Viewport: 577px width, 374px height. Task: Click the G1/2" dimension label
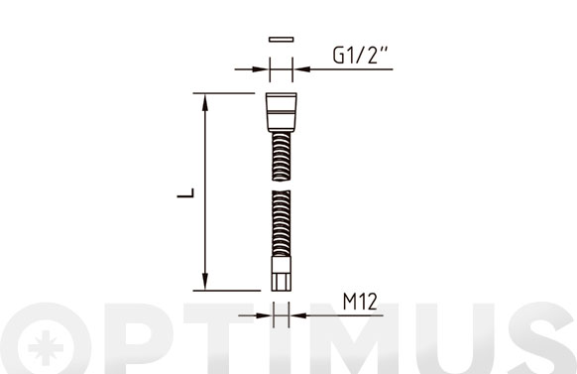[360, 56]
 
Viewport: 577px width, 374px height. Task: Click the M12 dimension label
[360, 302]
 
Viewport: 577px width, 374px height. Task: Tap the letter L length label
[185, 192]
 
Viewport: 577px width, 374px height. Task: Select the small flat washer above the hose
[282, 40]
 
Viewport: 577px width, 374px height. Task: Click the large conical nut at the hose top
[282, 112]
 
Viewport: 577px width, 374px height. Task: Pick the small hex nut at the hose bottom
[282, 274]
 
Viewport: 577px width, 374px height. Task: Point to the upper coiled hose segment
[282, 156]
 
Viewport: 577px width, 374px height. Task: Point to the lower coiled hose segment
[282, 223]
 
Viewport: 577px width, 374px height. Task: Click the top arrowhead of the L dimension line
[205, 102]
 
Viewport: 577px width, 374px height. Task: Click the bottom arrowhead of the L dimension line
[205, 282]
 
